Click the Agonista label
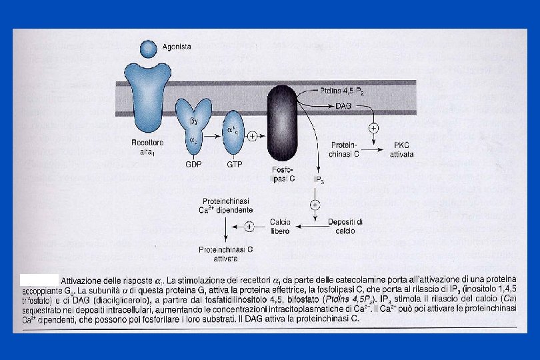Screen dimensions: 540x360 177,47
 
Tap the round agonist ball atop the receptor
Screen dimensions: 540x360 150,49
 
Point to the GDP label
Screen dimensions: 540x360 193,164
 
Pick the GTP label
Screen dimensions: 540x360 234,164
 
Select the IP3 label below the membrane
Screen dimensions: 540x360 319,180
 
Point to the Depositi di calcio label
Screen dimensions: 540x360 345,226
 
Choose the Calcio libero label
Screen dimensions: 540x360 280,226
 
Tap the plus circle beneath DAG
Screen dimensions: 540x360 374,127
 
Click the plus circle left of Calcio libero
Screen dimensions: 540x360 249,226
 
